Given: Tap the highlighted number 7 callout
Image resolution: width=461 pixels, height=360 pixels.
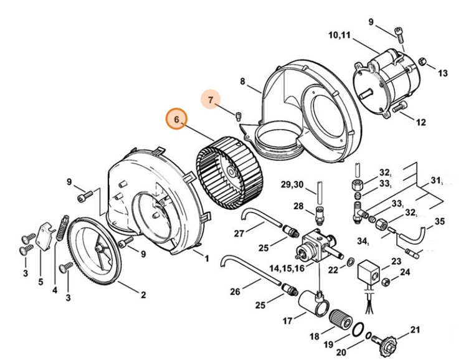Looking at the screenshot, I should coord(211,100).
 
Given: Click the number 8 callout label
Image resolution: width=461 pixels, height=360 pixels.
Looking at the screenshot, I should coord(243,82).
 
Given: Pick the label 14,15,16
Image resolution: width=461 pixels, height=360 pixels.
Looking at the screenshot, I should coord(287,268).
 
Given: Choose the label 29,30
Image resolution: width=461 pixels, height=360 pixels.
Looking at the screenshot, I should coord(291,184).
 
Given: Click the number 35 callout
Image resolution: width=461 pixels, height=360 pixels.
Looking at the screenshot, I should coord(440,222).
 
